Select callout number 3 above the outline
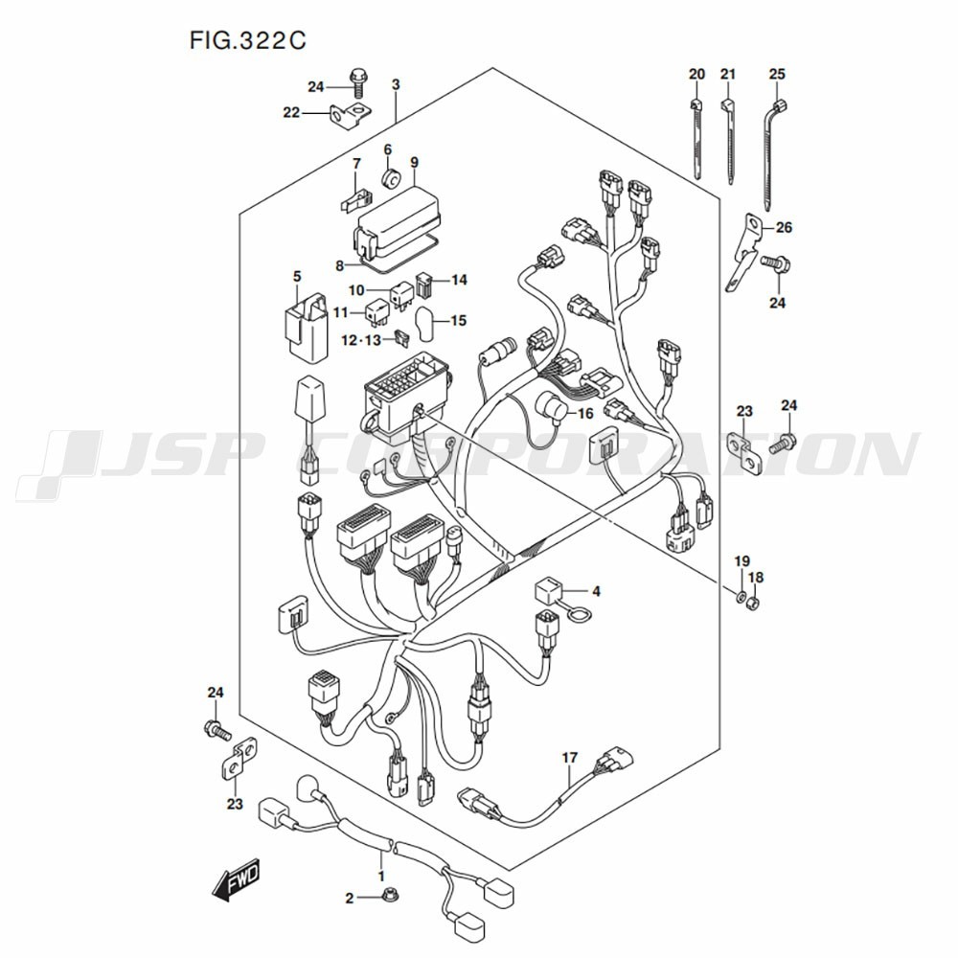tap(396, 85)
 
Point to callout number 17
tap(570, 758)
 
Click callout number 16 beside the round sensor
tap(585, 413)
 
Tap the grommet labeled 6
tap(390, 178)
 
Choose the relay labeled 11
tap(376, 311)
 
